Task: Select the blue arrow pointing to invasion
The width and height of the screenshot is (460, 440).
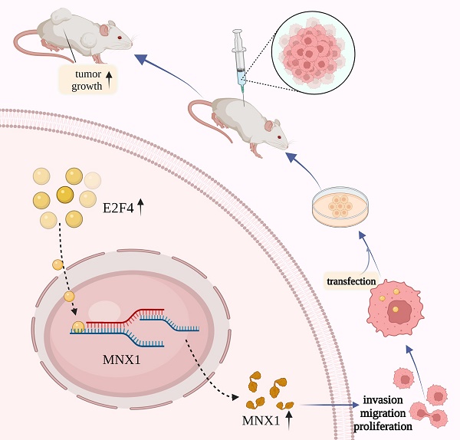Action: [330, 404]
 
